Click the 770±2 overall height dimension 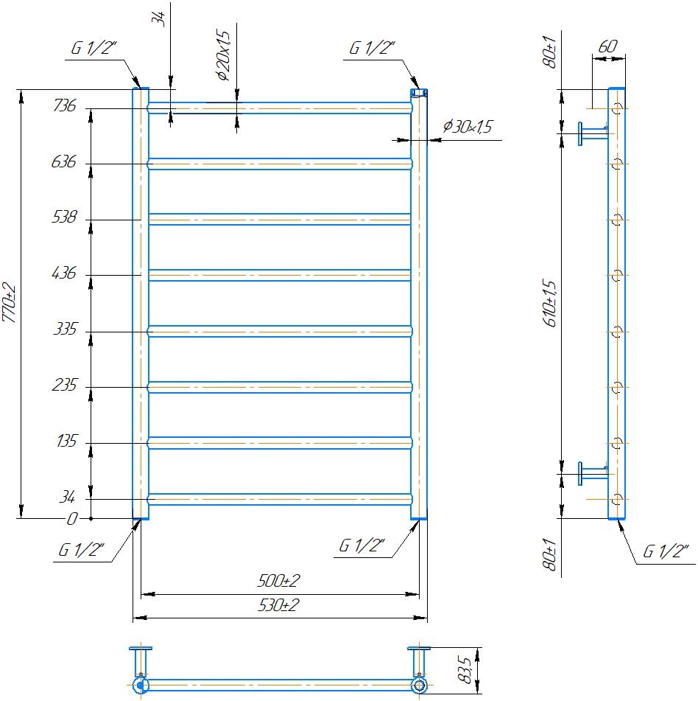pyautogui.click(x=10, y=303)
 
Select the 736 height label pyautogui.click(x=65, y=105)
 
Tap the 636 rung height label pyautogui.click(x=64, y=161)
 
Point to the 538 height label pyautogui.click(x=65, y=217)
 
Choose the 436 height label pyautogui.click(x=64, y=273)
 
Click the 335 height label pyautogui.click(x=66, y=329)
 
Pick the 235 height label pyautogui.click(x=65, y=385)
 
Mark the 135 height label pyautogui.click(x=67, y=442)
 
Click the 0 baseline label pyautogui.click(x=72, y=519)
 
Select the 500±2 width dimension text pyautogui.click(x=278, y=581)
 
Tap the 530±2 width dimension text pyautogui.click(x=278, y=605)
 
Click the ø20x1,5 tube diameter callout pyautogui.click(x=223, y=55)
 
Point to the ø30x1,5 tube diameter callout pyautogui.click(x=468, y=127)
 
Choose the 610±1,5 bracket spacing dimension pyautogui.click(x=550, y=303)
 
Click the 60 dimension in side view pyautogui.click(x=607, y=46)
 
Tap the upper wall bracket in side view pyautogui.click(x=593, y=133)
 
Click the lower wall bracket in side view pyautogui.click(x=593, y=473)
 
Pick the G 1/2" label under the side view pyautogui.click(x=666, y=551)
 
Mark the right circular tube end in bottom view pyautogui.click(x=419, y=685)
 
